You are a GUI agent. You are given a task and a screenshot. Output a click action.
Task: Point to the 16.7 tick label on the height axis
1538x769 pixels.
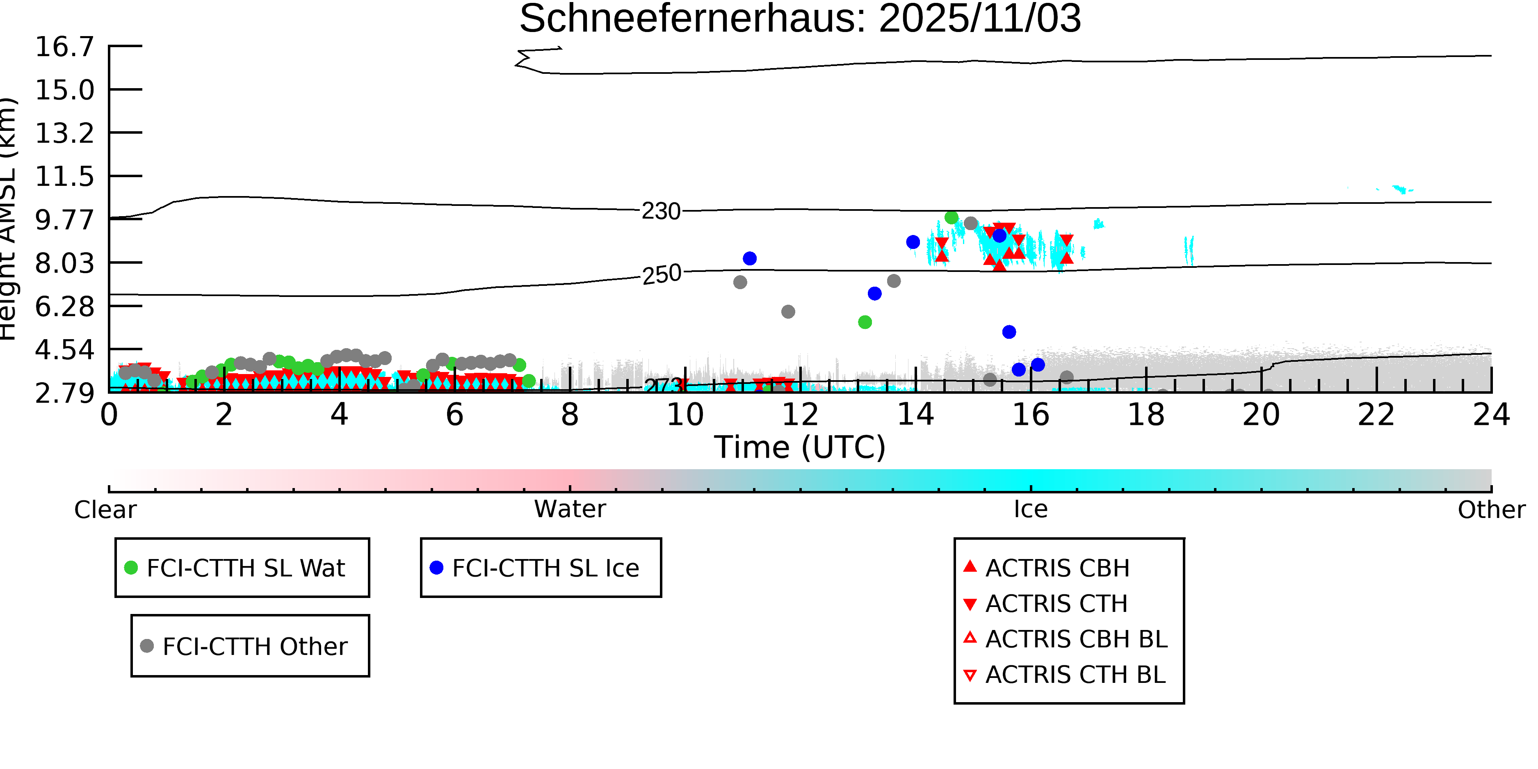point(64,47)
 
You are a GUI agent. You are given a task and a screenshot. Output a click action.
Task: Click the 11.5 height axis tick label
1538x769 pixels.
point(64,177)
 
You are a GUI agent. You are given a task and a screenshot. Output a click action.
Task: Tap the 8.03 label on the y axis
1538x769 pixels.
point(64,263)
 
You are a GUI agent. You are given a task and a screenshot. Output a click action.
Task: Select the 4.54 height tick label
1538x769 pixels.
point(64,350)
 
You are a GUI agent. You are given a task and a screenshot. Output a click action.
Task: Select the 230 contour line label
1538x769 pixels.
point(661,211)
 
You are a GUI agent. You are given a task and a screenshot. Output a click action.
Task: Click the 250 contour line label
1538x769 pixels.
point(662,274)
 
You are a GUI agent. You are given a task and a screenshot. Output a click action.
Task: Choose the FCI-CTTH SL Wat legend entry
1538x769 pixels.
point(245,568)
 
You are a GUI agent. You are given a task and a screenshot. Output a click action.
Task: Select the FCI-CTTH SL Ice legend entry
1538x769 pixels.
point(545,568)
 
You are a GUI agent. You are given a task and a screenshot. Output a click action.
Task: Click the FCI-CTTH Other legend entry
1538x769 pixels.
point(254,646)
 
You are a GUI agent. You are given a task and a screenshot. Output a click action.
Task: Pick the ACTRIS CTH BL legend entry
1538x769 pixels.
point(1075,675)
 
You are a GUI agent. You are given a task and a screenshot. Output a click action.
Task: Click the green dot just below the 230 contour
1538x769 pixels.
point(951,218)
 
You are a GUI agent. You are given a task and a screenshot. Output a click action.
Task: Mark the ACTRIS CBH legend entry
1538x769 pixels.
point(1057,568)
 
